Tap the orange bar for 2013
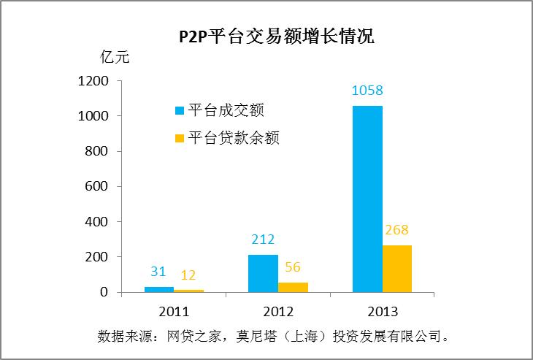pyautogui.click(x=397, y=268)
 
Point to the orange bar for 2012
pyautogui.click(x=293, y=287)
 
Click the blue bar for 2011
pyautogui.click(x=158, y=289)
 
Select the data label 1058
pyautogui.click(x=367, y=91)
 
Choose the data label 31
pyautogui.click(x=158, y=272)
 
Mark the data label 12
pyautogui.click(x=188, y=275)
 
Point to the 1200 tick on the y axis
pyautogui.click(x=93, y=81)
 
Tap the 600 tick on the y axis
pyautogui.click(x=98, y=186)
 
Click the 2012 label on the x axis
pyautogui.click(x=278, y=311)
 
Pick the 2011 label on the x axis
pyautogui.click(x=174, y=311)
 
